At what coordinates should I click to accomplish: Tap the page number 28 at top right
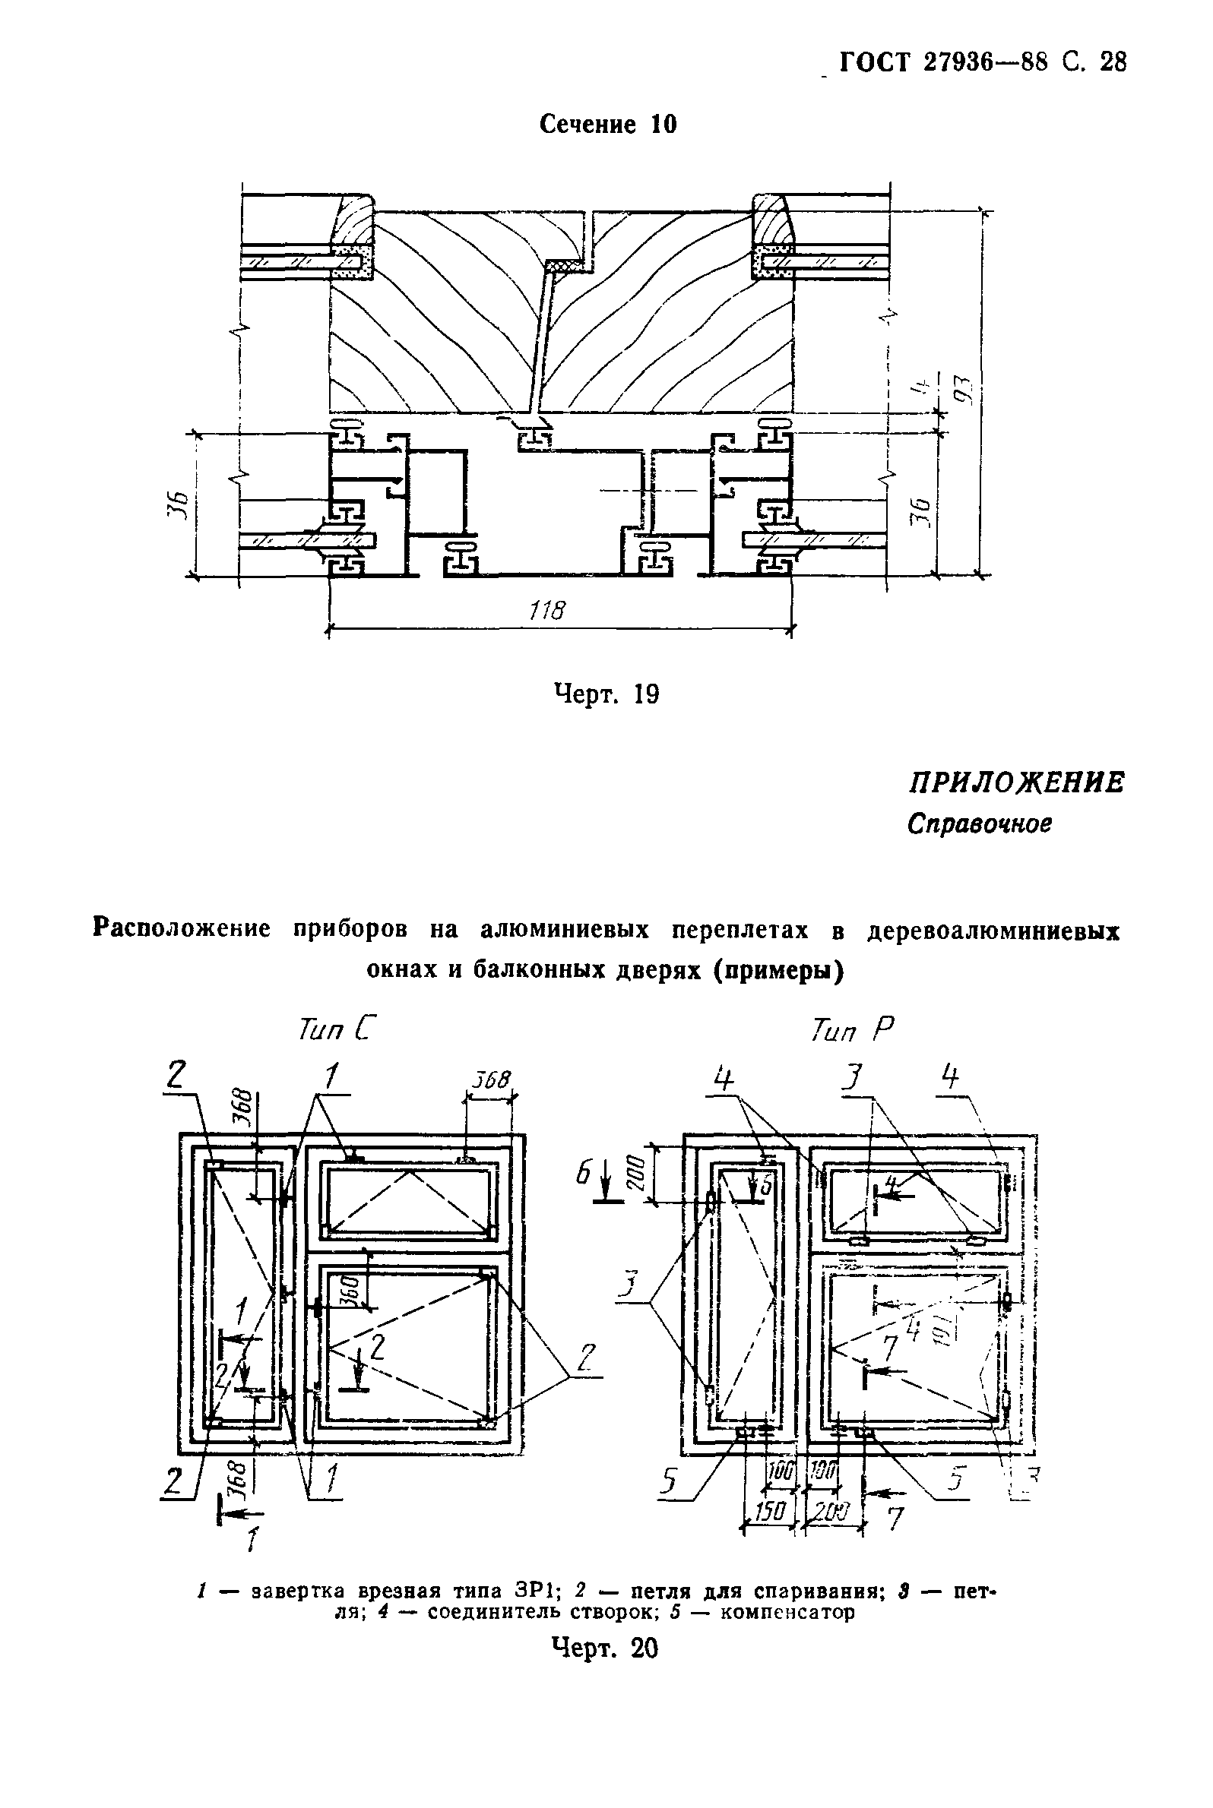[1112, 62]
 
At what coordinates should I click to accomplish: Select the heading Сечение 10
[608, 124]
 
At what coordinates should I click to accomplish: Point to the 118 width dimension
[547, 611]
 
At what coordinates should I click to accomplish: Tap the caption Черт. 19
[607, 694]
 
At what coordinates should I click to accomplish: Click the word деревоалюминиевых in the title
[993, 931]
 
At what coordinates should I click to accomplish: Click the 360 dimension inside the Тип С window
[350, 1289]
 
